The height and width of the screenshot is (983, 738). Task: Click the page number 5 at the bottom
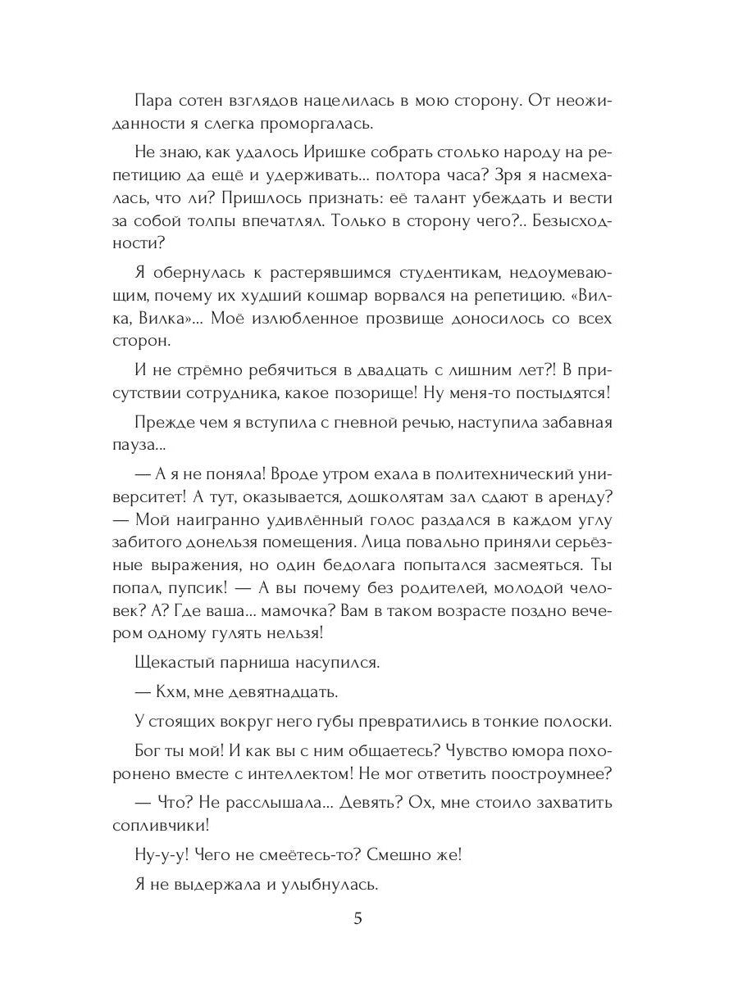click(358, 917)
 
